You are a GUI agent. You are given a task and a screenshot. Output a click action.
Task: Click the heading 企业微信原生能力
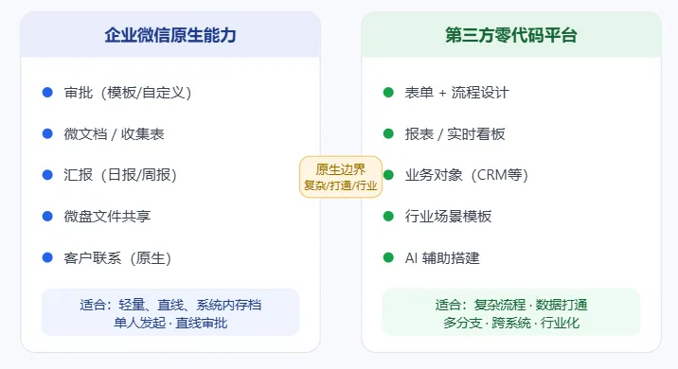point(170,35)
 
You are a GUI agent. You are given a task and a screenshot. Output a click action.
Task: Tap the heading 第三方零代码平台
point(511,35)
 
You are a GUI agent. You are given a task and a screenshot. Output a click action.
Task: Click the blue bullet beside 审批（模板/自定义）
point(47,93)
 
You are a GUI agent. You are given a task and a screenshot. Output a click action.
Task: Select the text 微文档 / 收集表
point(115,134)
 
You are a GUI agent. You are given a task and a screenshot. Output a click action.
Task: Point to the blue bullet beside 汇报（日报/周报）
point(47,175)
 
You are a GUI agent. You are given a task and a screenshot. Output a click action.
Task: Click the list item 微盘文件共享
point(107,216)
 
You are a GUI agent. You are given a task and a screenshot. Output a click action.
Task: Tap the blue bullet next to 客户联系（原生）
point(47,258)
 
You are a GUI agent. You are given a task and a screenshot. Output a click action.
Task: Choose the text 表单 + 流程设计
point(457,93)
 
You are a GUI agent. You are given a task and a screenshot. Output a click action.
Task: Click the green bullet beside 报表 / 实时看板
point(388,134)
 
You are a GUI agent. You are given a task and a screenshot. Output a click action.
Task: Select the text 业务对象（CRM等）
point(467,175)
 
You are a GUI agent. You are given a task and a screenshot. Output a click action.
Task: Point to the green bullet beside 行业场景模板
point(388,216)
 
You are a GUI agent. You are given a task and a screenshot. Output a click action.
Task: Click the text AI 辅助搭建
point(442,258)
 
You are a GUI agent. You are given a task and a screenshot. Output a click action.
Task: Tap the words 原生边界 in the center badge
point(341,169)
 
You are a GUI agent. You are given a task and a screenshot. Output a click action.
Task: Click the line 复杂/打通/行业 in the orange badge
point(341,185)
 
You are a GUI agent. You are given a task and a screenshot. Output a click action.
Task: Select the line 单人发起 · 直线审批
point(170,323)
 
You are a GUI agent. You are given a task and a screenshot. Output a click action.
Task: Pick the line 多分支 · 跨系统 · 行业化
point(511,323)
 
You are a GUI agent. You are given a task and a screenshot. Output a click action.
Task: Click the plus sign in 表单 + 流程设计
point(442,93)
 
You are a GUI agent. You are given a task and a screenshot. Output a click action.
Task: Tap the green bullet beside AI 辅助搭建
point(388,258)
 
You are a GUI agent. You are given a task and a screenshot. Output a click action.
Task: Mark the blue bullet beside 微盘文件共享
point(47,216)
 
